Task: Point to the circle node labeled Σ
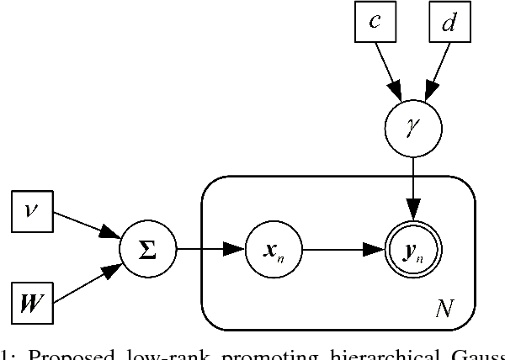pos(146,250)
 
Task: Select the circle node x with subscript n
pos(272,250)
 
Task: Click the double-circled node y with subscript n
pos(412,250)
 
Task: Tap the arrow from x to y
pos(342,250)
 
